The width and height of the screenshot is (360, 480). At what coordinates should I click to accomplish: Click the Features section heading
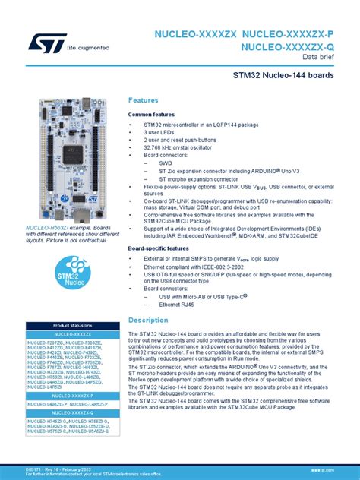[x=144, y=100]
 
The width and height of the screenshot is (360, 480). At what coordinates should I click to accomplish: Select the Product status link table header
[x=73, y=325]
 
